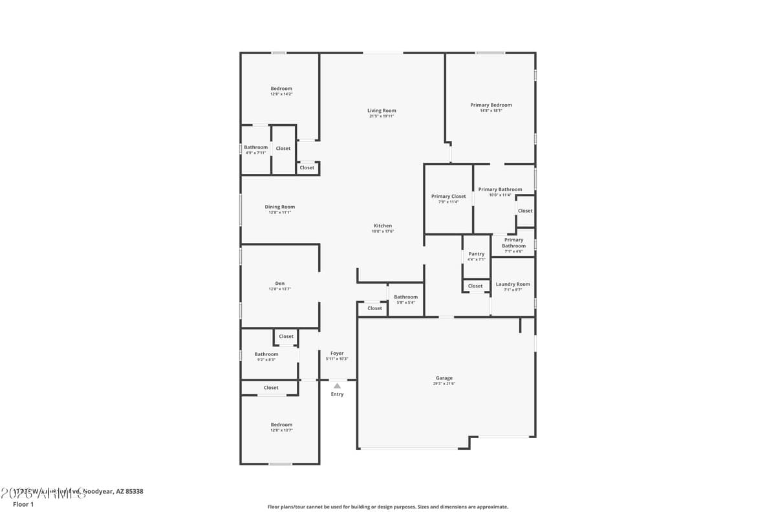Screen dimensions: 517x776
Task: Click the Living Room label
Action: point(382,111)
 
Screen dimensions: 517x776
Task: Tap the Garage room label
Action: point(444,378)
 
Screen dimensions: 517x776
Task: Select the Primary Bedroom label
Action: point(491,105)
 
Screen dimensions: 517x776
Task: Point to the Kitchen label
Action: point(383,226)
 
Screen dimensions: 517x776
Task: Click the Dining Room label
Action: point(279,207)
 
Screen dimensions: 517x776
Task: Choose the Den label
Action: point(280,283)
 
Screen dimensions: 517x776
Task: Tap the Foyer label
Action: point(337,353)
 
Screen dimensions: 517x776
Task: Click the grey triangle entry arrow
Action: point(337,386)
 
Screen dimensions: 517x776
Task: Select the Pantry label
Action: point(477,254)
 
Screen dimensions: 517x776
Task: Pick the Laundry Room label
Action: point(513,284)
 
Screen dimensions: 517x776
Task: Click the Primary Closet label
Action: point(449,196)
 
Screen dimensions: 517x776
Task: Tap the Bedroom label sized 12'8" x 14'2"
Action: point(281,89)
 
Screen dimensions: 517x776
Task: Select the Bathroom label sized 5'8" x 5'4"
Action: point(405,297)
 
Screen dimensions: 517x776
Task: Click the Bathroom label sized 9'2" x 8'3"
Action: point(266,354)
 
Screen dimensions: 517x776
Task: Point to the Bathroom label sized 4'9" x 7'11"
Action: point(255,147)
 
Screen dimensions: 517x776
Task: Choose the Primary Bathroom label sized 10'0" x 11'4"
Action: point(500,189)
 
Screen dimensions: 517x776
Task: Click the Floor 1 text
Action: point(23,504)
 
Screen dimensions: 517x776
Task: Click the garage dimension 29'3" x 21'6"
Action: point(444,384)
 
